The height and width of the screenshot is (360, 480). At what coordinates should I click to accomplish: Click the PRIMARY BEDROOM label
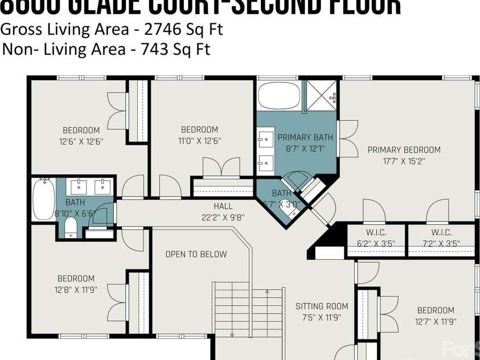point(404,150)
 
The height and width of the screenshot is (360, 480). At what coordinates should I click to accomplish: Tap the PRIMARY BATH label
point(305,137)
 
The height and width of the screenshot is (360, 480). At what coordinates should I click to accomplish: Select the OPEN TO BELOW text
point(196,254)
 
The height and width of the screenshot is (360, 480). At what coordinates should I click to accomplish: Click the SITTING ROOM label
point(322,306)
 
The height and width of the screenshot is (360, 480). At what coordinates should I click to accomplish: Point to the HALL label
point(223,206)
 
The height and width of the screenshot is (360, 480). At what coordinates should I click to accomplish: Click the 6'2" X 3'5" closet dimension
point(376,243)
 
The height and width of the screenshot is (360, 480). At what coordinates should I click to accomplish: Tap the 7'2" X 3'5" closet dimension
point(441,243)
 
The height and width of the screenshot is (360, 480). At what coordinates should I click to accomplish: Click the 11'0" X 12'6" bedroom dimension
point(199,140)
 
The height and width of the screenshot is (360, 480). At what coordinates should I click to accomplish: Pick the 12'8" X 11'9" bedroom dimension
point(76,289)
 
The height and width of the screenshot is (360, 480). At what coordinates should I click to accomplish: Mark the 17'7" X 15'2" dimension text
point(404,161)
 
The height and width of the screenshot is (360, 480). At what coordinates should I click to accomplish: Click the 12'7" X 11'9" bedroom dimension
point(436,321)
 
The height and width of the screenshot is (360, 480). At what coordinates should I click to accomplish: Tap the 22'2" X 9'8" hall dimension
point(223,216)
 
